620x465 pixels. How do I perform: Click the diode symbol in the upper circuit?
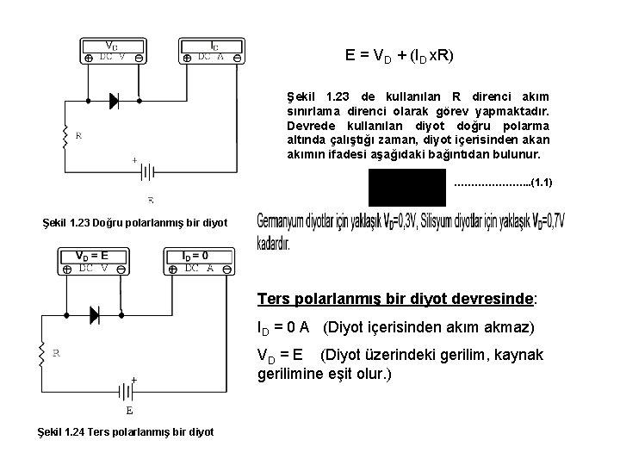(114, 101)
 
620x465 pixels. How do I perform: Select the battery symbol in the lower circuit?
(128, 392)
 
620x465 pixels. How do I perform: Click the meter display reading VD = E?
(91, 256)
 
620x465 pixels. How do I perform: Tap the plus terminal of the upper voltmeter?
(90, 58)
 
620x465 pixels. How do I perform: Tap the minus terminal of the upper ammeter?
(237, 58)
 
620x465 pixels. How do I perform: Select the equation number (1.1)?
(543, 183)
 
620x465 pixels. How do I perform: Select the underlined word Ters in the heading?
(276, 299)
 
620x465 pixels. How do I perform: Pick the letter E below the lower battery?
(129, 411)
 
